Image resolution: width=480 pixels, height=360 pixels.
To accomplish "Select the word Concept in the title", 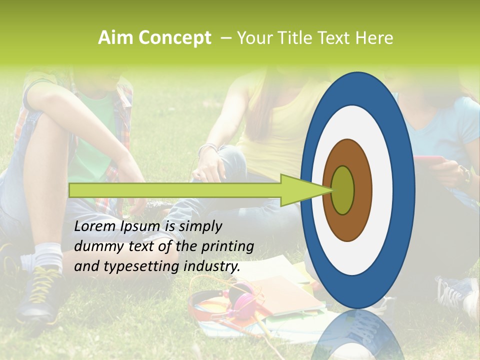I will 174,38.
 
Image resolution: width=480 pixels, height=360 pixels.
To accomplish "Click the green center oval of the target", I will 342,190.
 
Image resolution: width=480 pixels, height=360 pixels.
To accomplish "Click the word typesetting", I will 134,266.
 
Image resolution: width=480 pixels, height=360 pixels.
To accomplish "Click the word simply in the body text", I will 200,226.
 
